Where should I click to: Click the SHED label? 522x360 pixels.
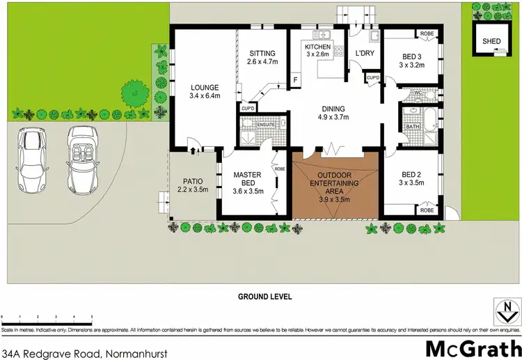(x=491, y=42)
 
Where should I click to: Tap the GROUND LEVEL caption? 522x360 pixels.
(x=264, y=297)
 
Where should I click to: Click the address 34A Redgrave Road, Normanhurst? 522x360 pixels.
(x=76, y=352)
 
